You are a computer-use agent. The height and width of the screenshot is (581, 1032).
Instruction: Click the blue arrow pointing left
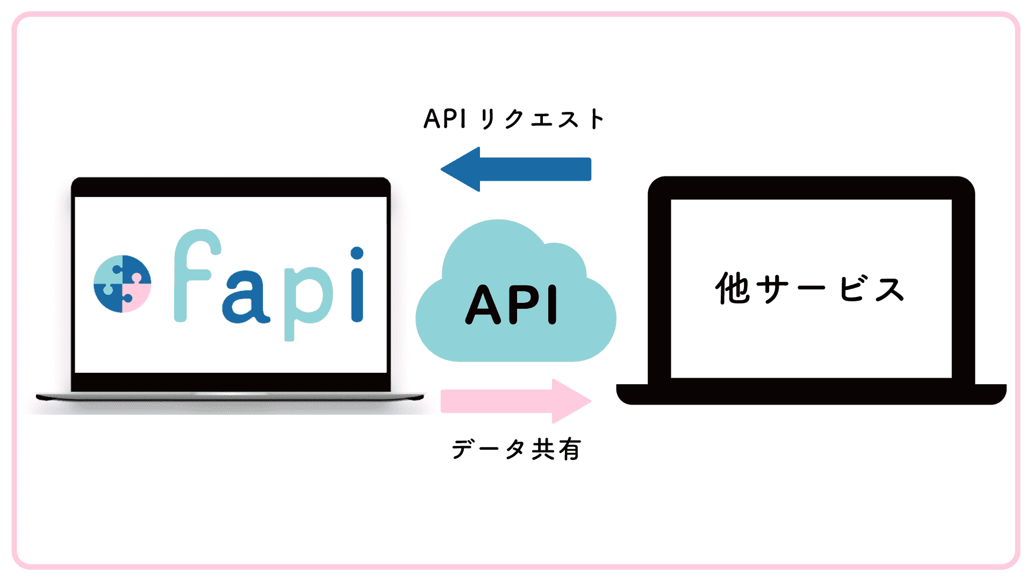[516, 169]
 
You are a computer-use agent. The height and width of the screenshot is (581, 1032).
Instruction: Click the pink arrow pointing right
[516, 401]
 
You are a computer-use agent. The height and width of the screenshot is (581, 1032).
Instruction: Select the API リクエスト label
[514, 119]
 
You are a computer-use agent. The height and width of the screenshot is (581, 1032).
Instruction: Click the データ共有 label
[516, 449]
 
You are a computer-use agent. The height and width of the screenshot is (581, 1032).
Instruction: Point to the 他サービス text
[810, 289]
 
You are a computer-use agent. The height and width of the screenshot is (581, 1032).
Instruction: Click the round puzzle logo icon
[122, 284]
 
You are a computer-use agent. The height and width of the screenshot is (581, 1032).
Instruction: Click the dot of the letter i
[357, 253]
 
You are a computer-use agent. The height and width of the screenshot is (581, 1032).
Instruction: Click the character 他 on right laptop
[732, 289]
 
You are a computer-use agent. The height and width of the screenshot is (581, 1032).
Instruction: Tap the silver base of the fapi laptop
[230, 397]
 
